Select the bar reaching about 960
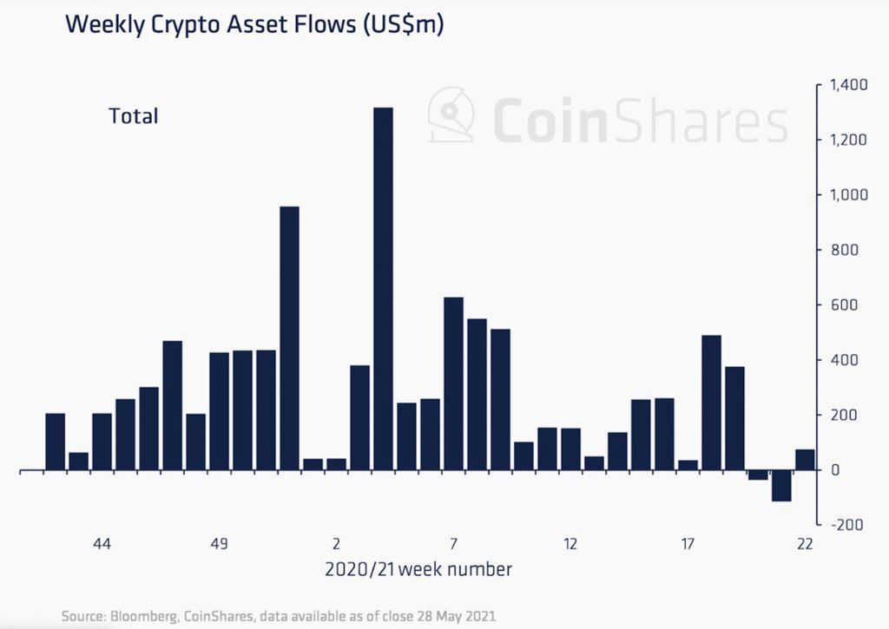click(289, 338)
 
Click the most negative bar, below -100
click(781, 486)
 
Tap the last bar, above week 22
click(805, 460)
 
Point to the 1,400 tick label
click(848, 85)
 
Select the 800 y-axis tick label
click(845, 250)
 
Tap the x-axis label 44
click(102, 544)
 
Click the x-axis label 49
click(219, 544)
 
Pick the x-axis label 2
click(336, 544)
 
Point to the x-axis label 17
click(688, 544)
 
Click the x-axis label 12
click(570, 544)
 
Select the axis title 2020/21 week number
click(418, 570)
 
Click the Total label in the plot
click(133, 115)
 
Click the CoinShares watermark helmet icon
click(452, 115)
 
